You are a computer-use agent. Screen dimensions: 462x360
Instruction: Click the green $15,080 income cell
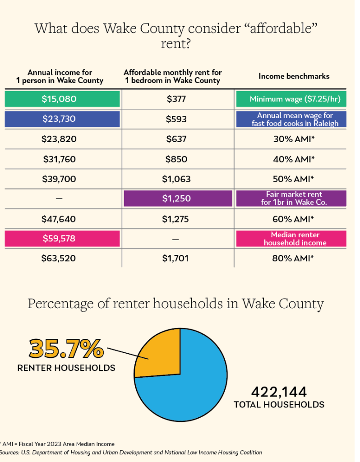pyautogui.click(x=62, y=99)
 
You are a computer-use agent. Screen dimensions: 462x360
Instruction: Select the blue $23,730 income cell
pyautogui.click(x=62, y=119)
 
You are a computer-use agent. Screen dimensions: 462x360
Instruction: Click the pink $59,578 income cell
pyautogui.click(x=62, y=239)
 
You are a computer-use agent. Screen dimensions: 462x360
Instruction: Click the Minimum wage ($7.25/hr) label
pyautogui.click(x=291, y=99)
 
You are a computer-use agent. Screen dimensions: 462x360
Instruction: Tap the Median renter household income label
pyautogui.click(x=291, y=239)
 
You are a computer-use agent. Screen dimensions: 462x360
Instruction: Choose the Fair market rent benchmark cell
pyautogui.click(x=291, y=199)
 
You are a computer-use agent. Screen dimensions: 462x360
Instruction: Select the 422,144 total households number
pyautogui.click(x=278, y=391)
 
